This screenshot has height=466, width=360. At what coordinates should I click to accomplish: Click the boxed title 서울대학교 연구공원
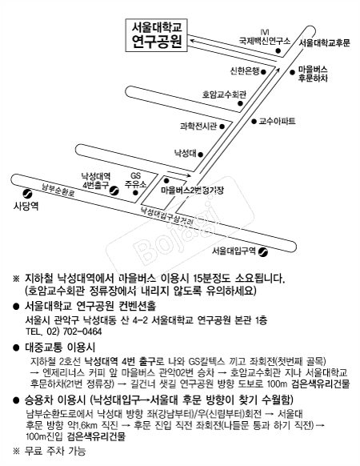coord(157,35)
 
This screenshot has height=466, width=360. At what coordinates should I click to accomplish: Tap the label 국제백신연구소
coord(265,41)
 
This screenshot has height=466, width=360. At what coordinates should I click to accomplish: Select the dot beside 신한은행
coord(263,71)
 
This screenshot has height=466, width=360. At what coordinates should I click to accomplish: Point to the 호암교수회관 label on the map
coord(224,94)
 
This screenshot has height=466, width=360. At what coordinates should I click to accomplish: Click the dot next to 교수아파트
coord(254,121)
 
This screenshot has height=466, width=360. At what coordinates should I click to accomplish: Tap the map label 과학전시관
coord(198,127)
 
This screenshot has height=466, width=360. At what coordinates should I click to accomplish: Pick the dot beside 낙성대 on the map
coord(201,155)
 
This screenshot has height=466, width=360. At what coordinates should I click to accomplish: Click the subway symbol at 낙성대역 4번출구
coord(114,191)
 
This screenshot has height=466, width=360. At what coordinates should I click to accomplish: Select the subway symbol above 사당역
coord(28,194)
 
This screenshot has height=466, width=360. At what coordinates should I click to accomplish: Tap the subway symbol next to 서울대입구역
coord(263,252)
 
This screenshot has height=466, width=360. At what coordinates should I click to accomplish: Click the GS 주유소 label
coord(135,180)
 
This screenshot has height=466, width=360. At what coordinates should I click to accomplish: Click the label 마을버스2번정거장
coord(192,191)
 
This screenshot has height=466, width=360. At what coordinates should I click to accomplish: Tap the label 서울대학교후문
coord(325,42)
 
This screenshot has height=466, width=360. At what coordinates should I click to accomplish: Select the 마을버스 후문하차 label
coord(313,74)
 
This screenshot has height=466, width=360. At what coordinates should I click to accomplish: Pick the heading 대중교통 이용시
coord(60,347)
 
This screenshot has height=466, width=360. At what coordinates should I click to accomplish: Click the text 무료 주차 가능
coord(55,451)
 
